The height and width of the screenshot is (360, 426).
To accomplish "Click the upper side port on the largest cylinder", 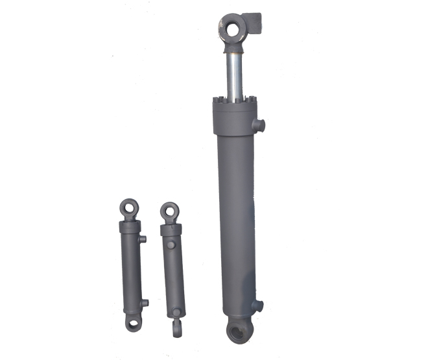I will [x=261, y=125].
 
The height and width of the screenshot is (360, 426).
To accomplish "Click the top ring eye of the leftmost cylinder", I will [x=128, y=207].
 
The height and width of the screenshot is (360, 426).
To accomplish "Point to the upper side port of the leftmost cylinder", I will [x=143, y=239].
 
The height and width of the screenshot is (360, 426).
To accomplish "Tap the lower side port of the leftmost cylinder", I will [x=145, y=302].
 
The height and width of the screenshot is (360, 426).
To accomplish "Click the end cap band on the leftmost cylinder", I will [x=130, y=228].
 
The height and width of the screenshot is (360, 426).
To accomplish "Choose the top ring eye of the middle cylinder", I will [x=170, y=211].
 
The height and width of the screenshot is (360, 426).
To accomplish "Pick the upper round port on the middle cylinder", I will [x=171, y=246].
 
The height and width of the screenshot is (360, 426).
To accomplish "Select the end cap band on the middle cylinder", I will [x=171, y=230].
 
